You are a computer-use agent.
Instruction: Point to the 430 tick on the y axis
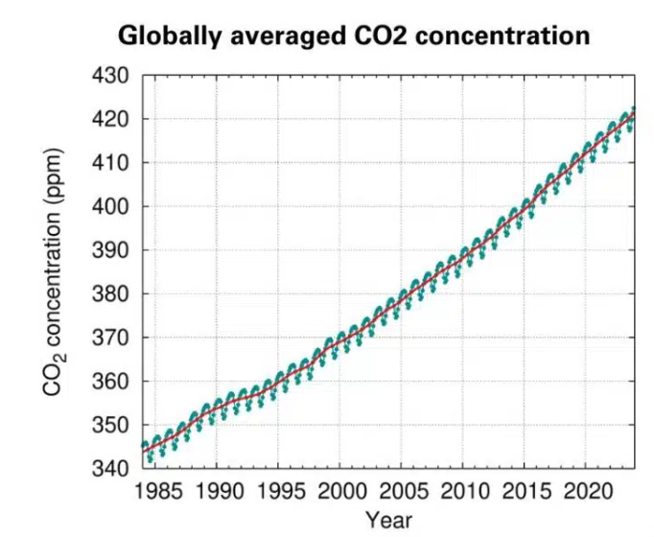[111, 76]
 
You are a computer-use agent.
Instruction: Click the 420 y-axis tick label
[111, 119]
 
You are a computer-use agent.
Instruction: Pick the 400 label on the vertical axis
[111, 206]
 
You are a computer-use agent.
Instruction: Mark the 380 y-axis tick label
[111, 293]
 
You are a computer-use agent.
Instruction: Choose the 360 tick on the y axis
[111, 382]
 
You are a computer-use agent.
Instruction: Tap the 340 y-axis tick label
[111, 469]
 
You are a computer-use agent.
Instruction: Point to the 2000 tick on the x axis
[340, 493]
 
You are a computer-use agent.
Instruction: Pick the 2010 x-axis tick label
[463, 493]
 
